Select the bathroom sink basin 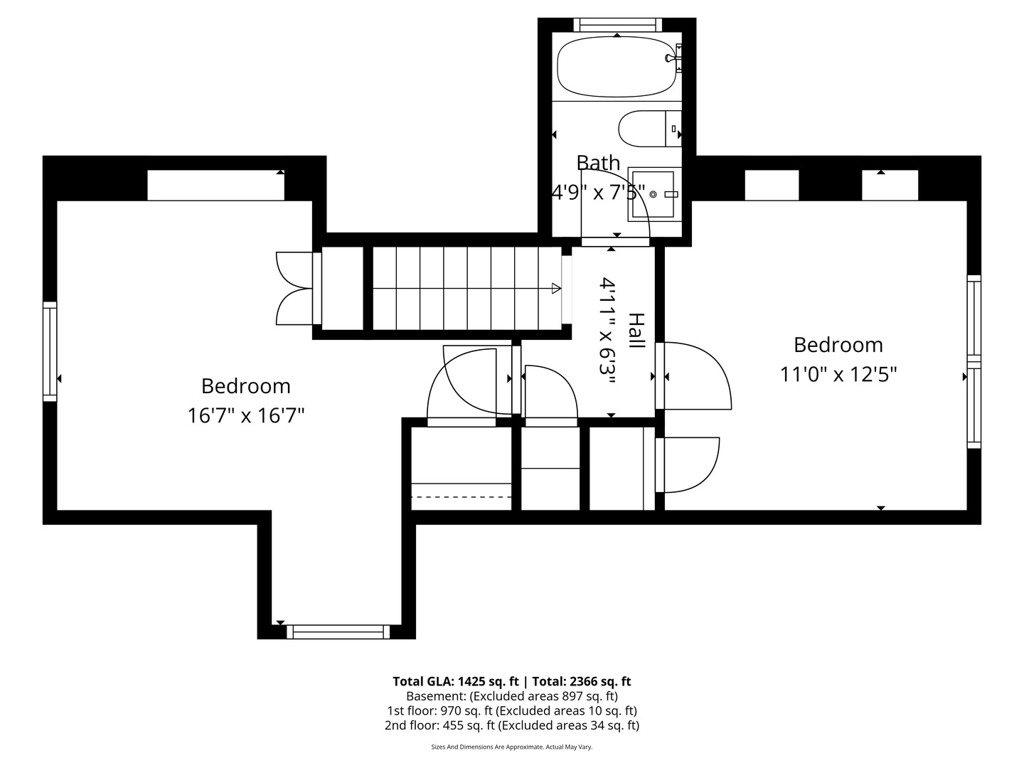coord(651,193)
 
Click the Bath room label coord(598,163)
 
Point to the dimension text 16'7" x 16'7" coord(246,415)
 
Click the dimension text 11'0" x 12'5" coord(838,374)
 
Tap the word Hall coord(636,331)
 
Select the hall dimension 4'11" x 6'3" coord(607,331)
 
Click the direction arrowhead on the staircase coord(556,288)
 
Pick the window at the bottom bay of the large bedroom coord(338,631)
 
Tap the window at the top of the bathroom coord(617,25)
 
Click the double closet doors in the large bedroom coord(294,288)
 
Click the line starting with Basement coord(511,696)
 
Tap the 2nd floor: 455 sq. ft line coord(511,725)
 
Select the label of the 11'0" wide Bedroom coord(838,345)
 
